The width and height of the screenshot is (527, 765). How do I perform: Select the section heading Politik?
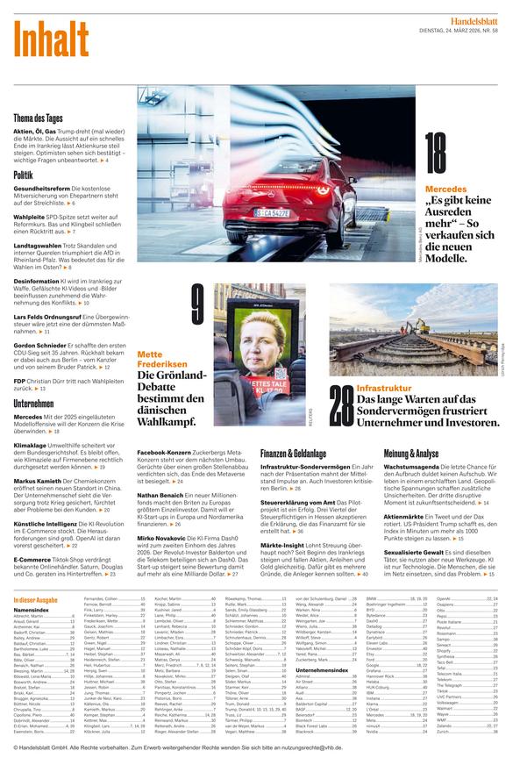pos(24,175)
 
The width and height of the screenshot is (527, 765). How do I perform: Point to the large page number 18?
pos(436,154)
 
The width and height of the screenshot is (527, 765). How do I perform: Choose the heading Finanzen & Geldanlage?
pos(294,454)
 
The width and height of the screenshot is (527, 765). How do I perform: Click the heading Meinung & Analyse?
pos(411,454)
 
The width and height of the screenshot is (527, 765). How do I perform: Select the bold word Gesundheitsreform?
pos(41,189)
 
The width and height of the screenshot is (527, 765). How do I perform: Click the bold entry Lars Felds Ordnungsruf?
pos(52,317)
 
